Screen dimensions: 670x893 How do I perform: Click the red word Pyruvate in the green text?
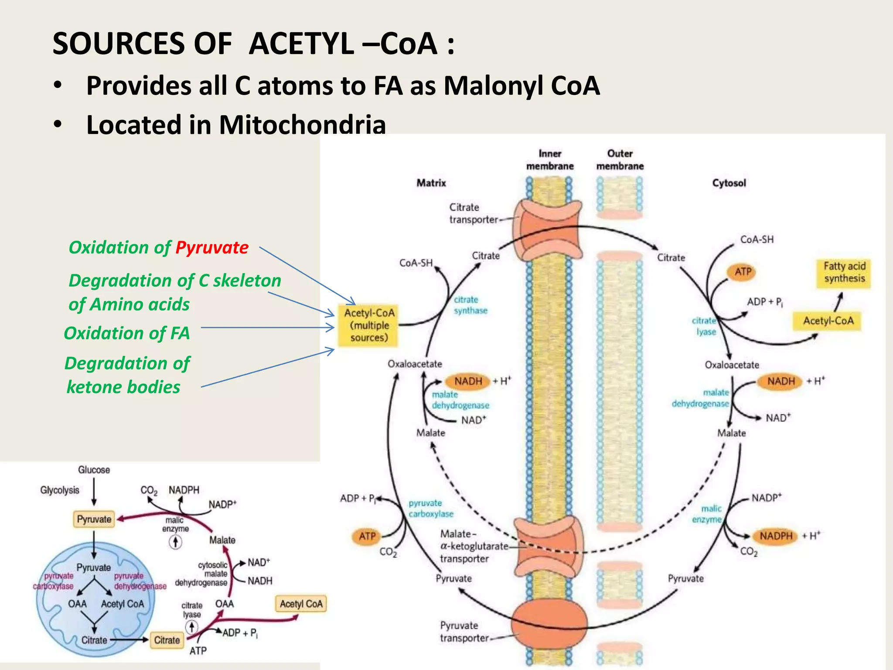click(212, 248)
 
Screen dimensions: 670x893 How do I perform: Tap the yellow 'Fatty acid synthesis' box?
click(844, 273)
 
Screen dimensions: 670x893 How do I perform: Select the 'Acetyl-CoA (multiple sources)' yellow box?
click(369, 325)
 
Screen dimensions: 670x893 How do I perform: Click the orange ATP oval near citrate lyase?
click(743, 272)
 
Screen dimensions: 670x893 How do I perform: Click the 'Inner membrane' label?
click(549, 160)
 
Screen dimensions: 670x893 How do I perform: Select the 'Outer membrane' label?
click(620, 160)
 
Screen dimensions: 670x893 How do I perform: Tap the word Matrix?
click(431, 183)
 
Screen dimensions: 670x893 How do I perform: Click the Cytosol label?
click(729, 183)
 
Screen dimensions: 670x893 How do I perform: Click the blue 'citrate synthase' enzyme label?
click(470, 305)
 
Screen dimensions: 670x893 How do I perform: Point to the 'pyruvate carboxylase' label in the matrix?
click(430, 509)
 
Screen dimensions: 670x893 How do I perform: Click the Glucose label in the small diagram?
click(94, 470)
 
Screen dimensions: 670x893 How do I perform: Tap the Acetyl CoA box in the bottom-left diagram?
click(301, 604)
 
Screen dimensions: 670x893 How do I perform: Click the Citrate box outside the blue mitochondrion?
click(167, 640)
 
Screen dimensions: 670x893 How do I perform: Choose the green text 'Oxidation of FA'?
click(127, 333)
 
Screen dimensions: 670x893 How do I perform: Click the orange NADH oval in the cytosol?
click(781, 381)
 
